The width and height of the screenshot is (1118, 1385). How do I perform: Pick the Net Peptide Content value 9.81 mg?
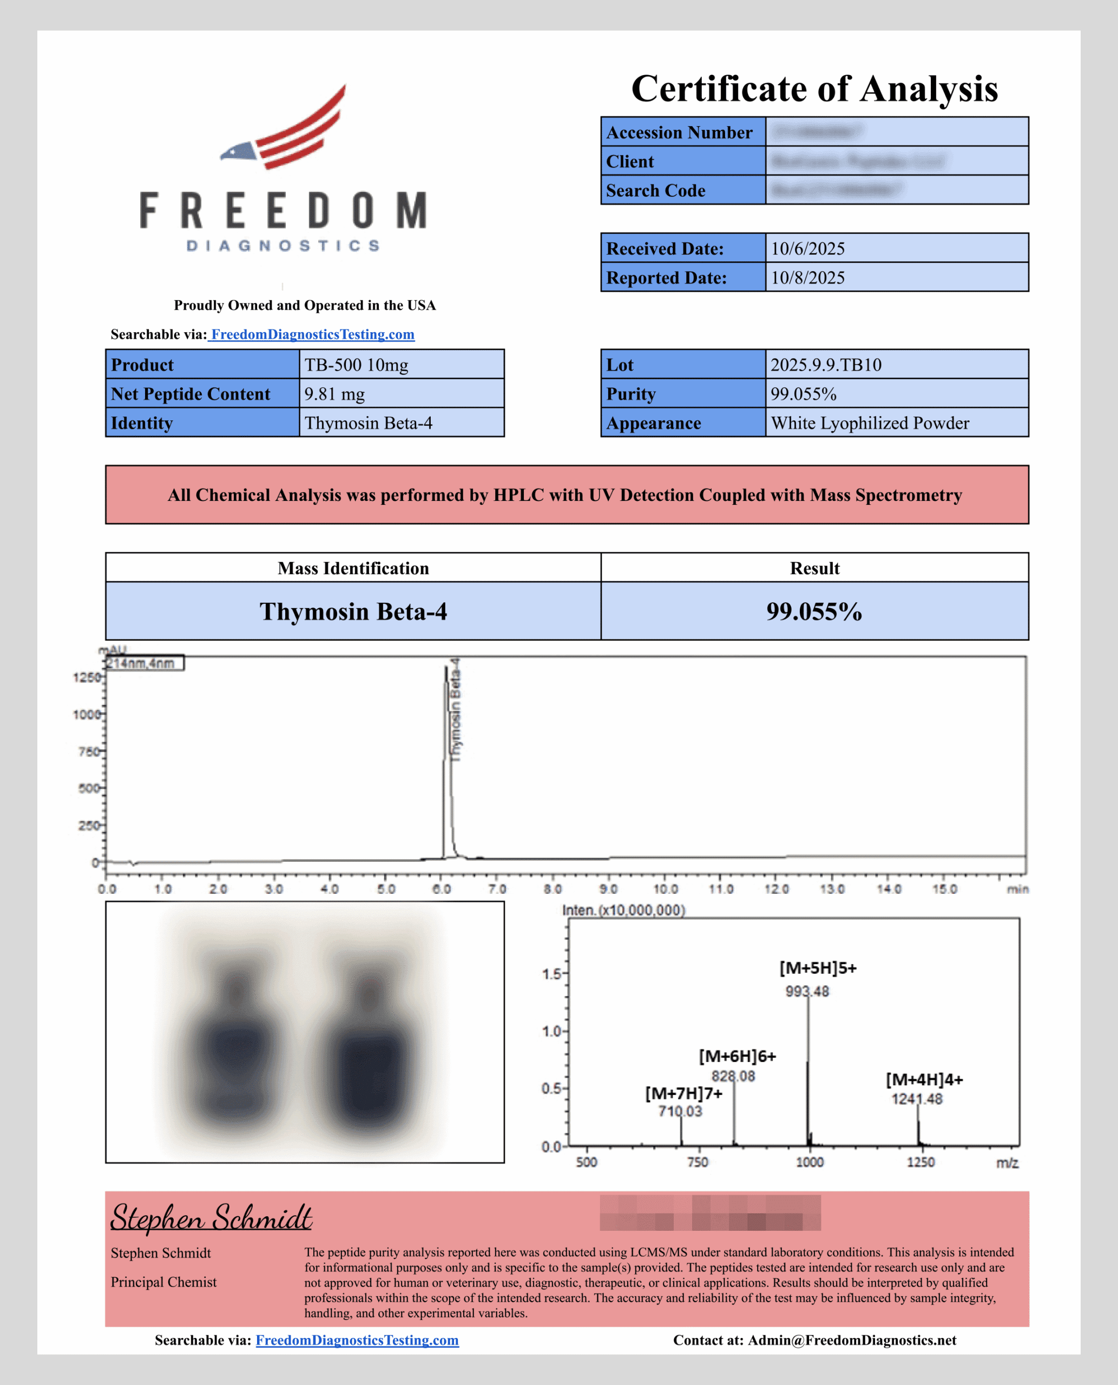[x=334, y=394]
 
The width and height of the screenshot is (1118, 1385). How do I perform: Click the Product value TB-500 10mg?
[x=356, y=365]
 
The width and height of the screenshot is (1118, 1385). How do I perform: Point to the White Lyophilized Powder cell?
[x=870, y=423]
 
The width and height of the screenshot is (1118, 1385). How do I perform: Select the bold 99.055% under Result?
[x=814, y=611]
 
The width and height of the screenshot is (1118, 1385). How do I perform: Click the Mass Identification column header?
[x=353, y=568]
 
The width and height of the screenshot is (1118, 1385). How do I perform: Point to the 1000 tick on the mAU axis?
[x=86, y=714]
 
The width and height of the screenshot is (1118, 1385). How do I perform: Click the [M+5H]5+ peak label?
[x=818, y=968]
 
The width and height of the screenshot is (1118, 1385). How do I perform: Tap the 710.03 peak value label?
[x=680, y=1111]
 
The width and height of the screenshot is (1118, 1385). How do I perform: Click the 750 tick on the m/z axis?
[x=698, y=1162]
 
